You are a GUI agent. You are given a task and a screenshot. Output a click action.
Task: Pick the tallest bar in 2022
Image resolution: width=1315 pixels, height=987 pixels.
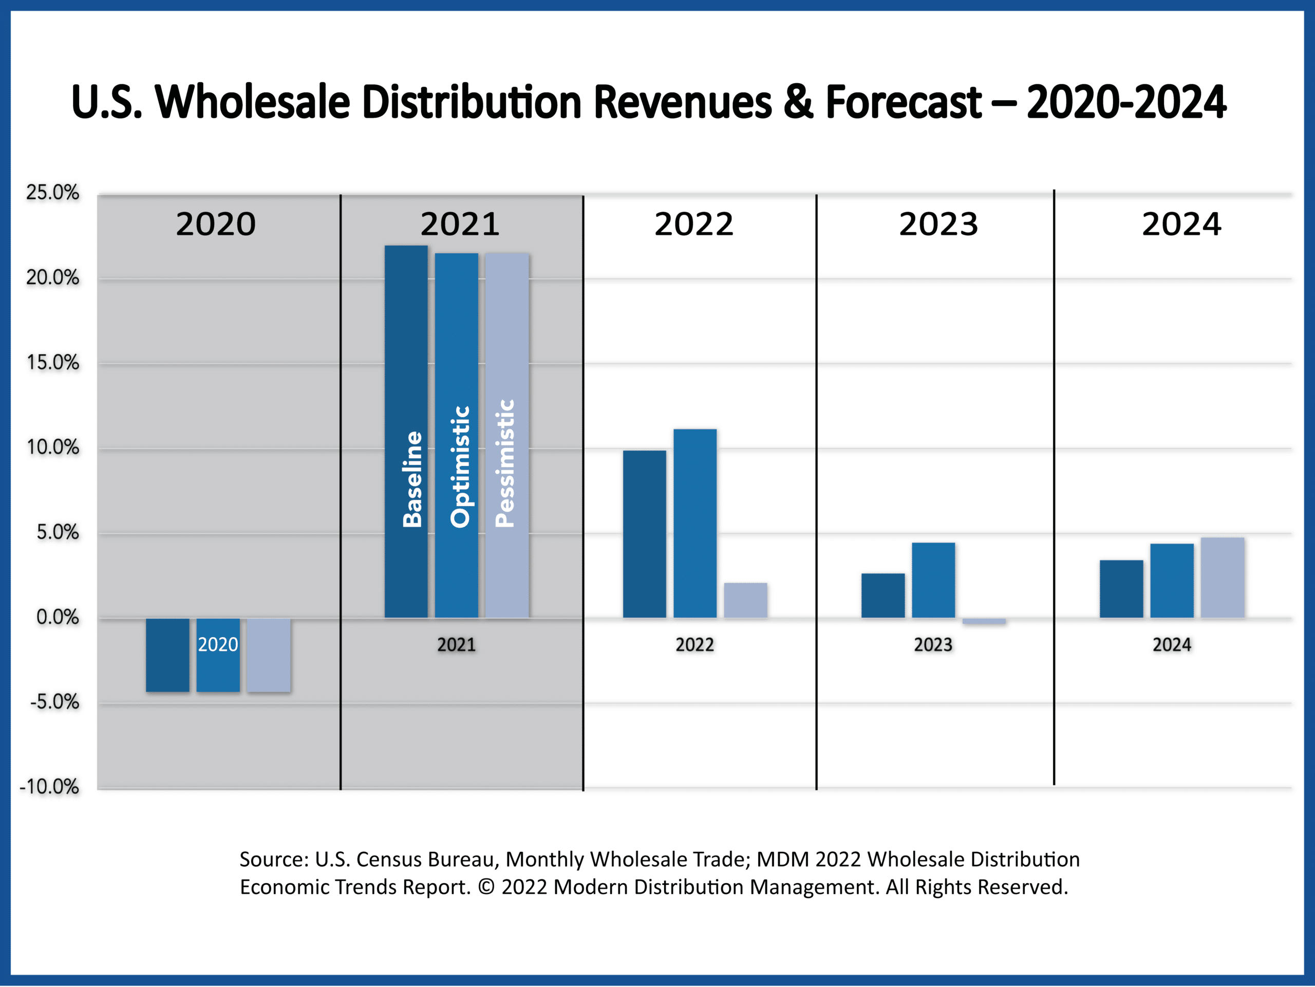click(x=695, y=523)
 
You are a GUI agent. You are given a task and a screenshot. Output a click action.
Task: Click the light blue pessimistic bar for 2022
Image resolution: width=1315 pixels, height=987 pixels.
click(x=745, y=600)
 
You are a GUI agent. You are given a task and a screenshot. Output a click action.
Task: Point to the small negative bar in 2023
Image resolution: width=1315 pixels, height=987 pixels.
click(x=984, y=621)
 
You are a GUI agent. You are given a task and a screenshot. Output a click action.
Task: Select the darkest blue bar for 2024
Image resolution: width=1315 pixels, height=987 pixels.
click(x=1121, y=589)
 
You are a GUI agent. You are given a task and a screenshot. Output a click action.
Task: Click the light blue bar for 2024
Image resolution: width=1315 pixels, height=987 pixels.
click(x=1222, y=578)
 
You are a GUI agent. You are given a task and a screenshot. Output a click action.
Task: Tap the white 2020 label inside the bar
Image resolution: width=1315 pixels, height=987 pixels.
click(x=218, y=644)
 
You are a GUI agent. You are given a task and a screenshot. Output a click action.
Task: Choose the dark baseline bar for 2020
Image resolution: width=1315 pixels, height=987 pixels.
click(x=167, y=655)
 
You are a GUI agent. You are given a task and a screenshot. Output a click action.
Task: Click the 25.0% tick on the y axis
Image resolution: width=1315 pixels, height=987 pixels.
click(x=52, y=193)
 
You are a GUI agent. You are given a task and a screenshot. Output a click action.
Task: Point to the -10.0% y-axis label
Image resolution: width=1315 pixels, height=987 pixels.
click(x=49, y=787)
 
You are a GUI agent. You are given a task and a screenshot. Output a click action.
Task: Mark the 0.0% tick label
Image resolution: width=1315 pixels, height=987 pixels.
click(x=57, y=617)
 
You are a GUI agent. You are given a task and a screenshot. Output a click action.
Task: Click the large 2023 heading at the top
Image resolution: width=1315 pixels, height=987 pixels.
click(x=938, y=224)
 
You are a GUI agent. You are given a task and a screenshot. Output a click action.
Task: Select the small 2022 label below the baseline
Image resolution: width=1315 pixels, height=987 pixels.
click(x=694, y=644)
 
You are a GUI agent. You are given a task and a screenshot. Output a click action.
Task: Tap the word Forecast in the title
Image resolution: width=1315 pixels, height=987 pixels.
click(x=903, y=102)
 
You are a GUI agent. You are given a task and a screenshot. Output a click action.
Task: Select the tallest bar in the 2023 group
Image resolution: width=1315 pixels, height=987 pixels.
click(x=933, y=580)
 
